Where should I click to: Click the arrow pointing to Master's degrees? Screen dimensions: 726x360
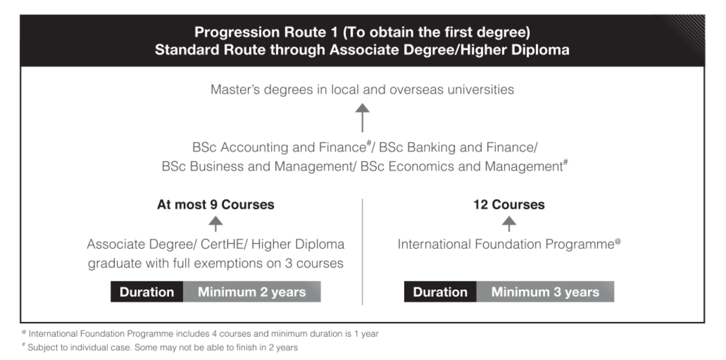(362, 117)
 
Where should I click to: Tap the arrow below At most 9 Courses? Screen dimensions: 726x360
(215, 224)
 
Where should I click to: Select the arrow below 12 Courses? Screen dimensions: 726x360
(509, 224)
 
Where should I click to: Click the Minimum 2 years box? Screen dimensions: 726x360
(252, 292)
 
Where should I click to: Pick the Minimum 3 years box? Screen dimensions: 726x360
(545, 292)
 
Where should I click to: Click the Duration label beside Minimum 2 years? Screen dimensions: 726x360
(147, 292)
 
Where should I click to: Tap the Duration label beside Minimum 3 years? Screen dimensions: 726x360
(440, 292)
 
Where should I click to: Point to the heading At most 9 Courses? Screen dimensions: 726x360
(215, 205)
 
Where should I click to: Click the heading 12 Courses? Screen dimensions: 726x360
(509, 205)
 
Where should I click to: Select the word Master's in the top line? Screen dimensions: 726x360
(235, 90)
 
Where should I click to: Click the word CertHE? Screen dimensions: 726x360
(221, 244)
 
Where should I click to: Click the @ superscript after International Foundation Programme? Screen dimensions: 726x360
(618, 241)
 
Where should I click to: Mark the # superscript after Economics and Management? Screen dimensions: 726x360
(566, 162)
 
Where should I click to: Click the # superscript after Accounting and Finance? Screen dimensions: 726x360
(369, 142)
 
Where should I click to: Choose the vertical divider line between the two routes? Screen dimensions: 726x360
(362, 252)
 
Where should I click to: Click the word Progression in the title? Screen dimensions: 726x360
(237, 32)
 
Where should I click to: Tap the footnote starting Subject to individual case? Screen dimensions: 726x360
(160, 347)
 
